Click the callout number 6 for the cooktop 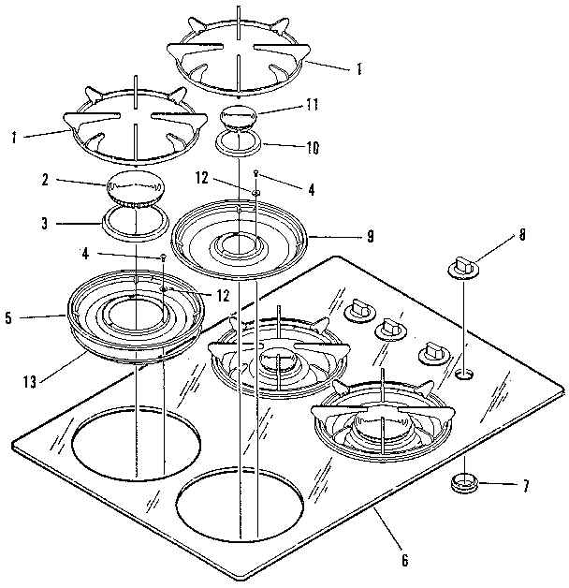(405, 561)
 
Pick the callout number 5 (8, 317)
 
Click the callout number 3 (45, 224)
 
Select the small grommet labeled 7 (464, 483)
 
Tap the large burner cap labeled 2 (132, 190)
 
